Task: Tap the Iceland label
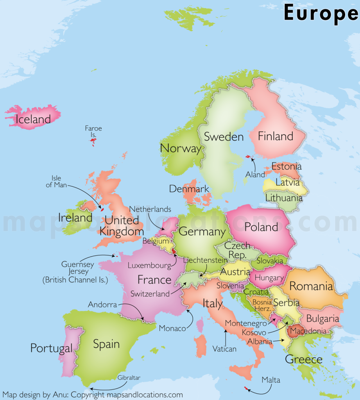(x=33, y=119)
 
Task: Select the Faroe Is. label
(x=93, y=131)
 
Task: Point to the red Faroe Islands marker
(x=93, y=141)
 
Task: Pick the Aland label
(x=255, y=175)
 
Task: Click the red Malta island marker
(x=245, y=388)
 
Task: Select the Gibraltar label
(x=129, y=377)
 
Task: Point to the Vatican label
(x=224, y=349)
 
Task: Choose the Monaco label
(x=172, y=329)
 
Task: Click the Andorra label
(x=102, y=304)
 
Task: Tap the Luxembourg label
(x=149, y=266)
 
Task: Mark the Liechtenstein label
(x=205, y=260)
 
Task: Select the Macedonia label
(x=307, y=331)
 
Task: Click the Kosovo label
(x=254, y=332)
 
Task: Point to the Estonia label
(x=287, y=166)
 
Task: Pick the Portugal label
(x=51, y=348)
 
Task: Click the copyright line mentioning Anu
(x=93, y=395)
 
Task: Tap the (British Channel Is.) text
(x=75, y=280)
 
